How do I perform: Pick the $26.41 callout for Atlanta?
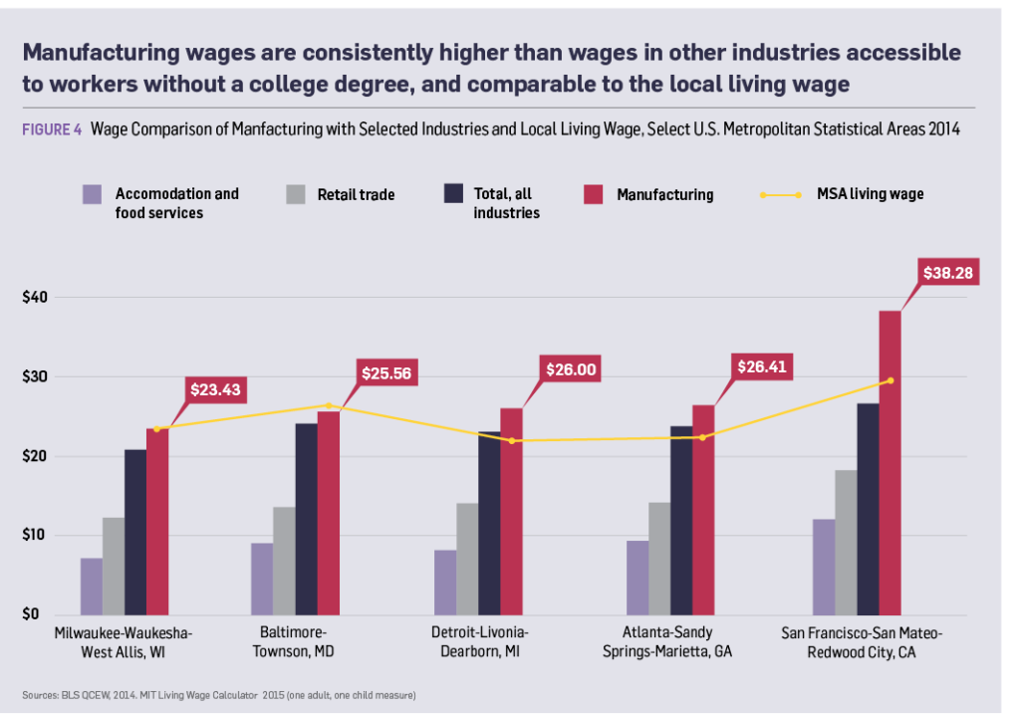(x=762, y=366)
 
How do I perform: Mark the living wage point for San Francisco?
(x=891, y=380)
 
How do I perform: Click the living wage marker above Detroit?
(x=512, y=440)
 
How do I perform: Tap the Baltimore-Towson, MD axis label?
(x=295, y=642)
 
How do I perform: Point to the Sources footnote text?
(x=219, y=693)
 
